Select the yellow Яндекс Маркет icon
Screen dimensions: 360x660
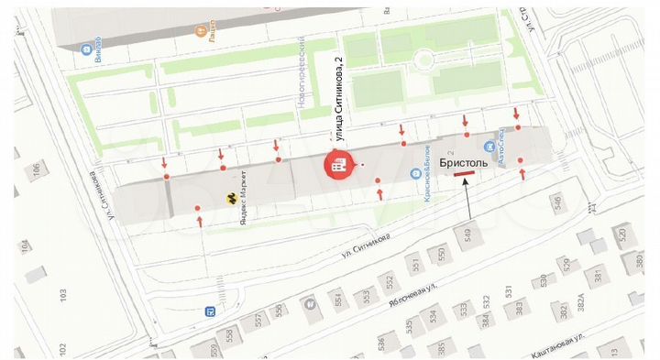pos(231,197)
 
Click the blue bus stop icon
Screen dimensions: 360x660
pos(211,311)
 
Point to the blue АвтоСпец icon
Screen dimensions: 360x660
pos(491,146)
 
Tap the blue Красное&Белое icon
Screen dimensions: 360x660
pos(415,172)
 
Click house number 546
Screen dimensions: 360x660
pos(555,202)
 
